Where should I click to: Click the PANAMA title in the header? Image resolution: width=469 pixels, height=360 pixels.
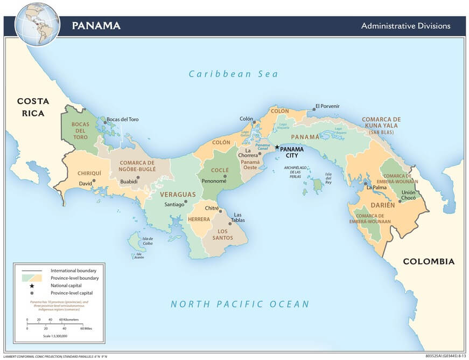tap(96, 26)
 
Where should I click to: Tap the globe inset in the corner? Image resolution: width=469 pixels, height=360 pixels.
tap(37, 24)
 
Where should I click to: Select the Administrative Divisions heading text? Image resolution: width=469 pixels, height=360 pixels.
tap(405, 26)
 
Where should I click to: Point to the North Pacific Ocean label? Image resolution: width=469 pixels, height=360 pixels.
tap(240, 304)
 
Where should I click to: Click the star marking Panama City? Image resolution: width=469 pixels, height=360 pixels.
tap(277, 147)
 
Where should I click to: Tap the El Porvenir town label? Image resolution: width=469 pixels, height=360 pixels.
tap(328, 106)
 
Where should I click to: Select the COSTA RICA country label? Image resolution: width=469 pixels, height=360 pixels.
tap(33, 107)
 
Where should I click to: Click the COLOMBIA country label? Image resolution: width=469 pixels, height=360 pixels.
tap(429, 261)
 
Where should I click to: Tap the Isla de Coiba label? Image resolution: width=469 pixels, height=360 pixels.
tap(148, 241)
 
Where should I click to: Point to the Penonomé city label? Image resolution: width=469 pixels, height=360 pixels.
tap(213, 181)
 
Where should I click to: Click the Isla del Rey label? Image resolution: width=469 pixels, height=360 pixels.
tap(328, 177)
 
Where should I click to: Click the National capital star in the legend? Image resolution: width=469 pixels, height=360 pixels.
tap(32, 285)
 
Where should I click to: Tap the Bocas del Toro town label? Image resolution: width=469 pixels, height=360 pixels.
tap(123, 119)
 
